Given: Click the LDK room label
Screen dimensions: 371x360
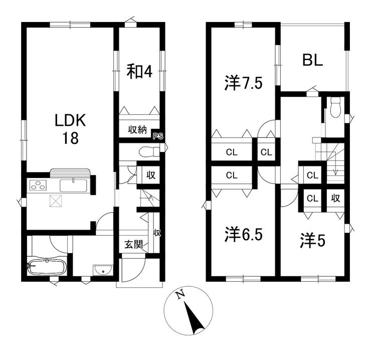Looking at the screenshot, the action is tap(70, 120).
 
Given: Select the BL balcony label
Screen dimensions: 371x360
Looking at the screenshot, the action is tap(312, 60).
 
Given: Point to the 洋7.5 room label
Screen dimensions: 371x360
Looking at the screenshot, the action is tap(243, 83).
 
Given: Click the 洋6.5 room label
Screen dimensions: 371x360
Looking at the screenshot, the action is tap(244, 234).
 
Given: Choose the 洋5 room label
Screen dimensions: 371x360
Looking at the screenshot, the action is tap(313, 241).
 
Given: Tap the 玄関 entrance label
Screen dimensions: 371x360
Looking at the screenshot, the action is tap(133, 245).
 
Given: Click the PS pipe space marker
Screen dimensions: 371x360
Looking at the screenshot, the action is tap(157, 136).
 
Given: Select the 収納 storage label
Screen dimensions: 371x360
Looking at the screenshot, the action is tap(137, 130).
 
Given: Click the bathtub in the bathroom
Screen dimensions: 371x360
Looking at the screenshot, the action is tap(47, 267).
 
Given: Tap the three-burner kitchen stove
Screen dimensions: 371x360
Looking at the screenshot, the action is tap(38, 186).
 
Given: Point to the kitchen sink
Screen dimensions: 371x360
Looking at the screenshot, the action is tap(73, 186).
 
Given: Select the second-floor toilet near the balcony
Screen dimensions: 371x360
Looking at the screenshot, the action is tap(335, 107).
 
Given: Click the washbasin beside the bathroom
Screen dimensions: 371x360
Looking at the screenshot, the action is tap(103, 270).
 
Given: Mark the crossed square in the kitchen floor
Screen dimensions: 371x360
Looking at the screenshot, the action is tap(56, 201).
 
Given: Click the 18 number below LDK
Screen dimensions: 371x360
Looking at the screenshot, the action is tap(70, 138).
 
